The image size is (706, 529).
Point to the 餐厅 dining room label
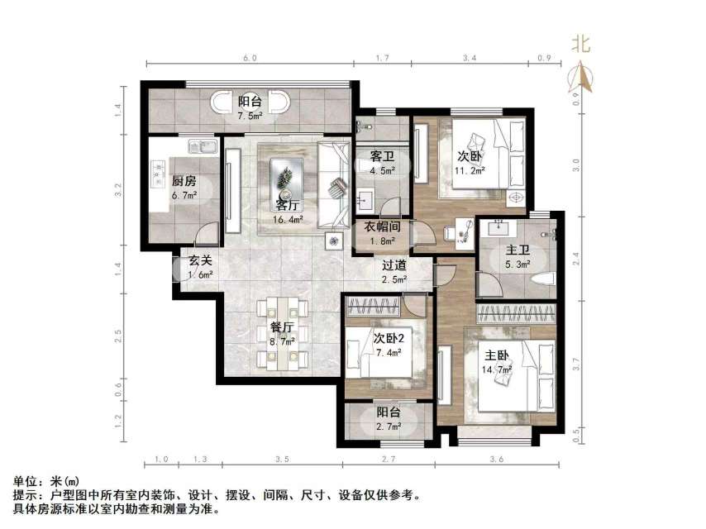(282, 327)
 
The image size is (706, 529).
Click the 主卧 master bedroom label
(497, 357)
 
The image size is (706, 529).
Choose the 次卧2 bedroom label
(387, 338)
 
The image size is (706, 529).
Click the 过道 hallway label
(394, 265)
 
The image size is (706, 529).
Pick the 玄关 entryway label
(200, 260)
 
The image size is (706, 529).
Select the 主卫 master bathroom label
(518, 250)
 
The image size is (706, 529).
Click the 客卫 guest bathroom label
(381, 156)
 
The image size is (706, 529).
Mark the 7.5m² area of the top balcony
(250, 117)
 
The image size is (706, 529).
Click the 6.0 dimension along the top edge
(250, 58)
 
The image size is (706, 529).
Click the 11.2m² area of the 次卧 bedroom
(469, 172)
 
